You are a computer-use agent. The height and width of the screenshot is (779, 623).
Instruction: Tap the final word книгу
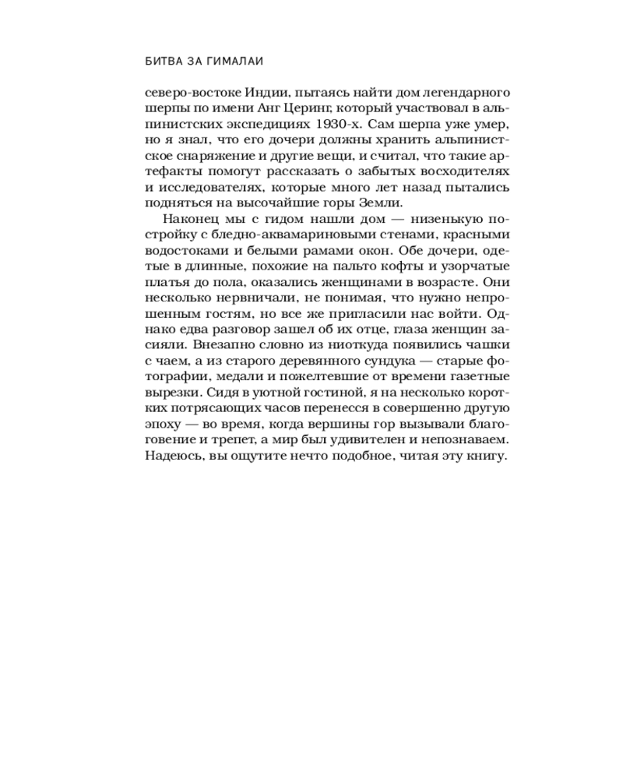click(x=487, y=457)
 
